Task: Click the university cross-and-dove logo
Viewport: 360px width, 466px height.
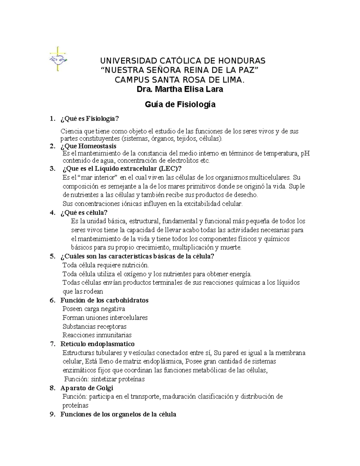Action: coord(58,59)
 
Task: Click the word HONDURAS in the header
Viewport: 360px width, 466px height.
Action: coord(243,61)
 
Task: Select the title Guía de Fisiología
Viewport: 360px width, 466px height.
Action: coord(180,104)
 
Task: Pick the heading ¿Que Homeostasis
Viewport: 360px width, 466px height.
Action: coord(88,146)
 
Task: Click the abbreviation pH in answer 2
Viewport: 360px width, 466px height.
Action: coord(305,154)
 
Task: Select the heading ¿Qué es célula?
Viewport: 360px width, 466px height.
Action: coord(84,213)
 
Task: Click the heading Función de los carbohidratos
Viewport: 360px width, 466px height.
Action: coord(104,300)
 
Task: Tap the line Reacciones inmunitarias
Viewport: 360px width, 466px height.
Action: coord(97,335)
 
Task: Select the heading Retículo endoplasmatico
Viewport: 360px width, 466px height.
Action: coord(97,344)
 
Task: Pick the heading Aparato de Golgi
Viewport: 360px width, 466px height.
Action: coord(87,388)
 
